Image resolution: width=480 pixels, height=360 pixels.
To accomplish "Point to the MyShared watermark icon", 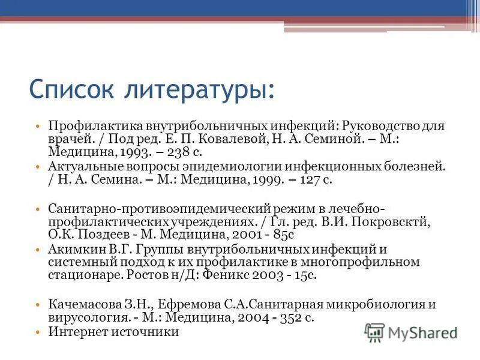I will (x=375, y=332).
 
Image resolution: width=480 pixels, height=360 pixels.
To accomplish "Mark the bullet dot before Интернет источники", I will (x=37, y=331).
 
